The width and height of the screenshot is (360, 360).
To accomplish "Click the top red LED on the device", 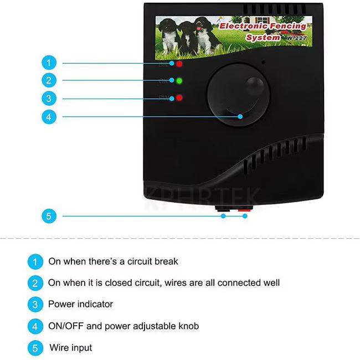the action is (x=179, y=64).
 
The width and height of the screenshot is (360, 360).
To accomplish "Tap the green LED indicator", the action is (x=179, y=81).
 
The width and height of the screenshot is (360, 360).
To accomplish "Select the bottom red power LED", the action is (x=179, y=99).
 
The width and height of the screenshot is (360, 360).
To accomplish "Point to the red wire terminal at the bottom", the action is (x=244, y=212).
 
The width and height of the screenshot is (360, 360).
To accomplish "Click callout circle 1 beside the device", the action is (x=49, y=63).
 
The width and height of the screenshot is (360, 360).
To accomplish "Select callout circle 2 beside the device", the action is (x=49, y=81).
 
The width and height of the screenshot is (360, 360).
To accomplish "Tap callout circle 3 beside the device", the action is (x=49, y=99).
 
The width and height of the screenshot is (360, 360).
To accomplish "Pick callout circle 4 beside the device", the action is (x=49, y=117).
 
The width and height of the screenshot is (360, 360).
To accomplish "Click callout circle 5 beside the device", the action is (x=49, y=216).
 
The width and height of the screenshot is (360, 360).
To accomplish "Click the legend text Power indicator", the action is (x=80, y=304).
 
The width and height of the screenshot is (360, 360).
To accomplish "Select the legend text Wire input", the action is (x=71, y=348).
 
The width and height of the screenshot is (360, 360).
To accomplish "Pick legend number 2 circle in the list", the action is (x=34, y=283).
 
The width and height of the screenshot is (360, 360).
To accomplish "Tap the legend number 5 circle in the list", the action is (x=34, y=348).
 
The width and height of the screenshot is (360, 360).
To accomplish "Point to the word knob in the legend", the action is (x=187, y=326).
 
